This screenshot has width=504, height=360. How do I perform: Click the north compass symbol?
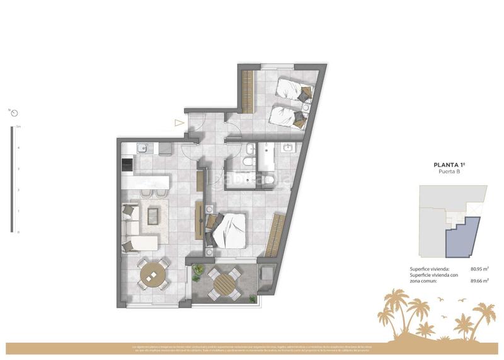[14, 113]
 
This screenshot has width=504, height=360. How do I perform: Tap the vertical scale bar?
[11, 180]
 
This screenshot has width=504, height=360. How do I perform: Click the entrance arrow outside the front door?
[180, 124]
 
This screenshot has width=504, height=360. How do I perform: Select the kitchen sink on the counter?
[142, 149]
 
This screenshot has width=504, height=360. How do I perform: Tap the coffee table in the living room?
[153, 216]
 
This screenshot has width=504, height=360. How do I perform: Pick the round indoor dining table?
[151, 274]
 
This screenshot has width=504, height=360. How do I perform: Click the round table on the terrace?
[223, 284]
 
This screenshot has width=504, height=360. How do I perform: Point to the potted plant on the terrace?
[198, 273]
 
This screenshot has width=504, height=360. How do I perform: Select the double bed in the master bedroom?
[228, 228]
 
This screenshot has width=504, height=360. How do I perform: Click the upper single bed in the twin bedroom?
[292, 89]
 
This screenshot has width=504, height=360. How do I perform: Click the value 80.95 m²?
[479, 269]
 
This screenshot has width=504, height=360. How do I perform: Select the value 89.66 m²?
[479, 281]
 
